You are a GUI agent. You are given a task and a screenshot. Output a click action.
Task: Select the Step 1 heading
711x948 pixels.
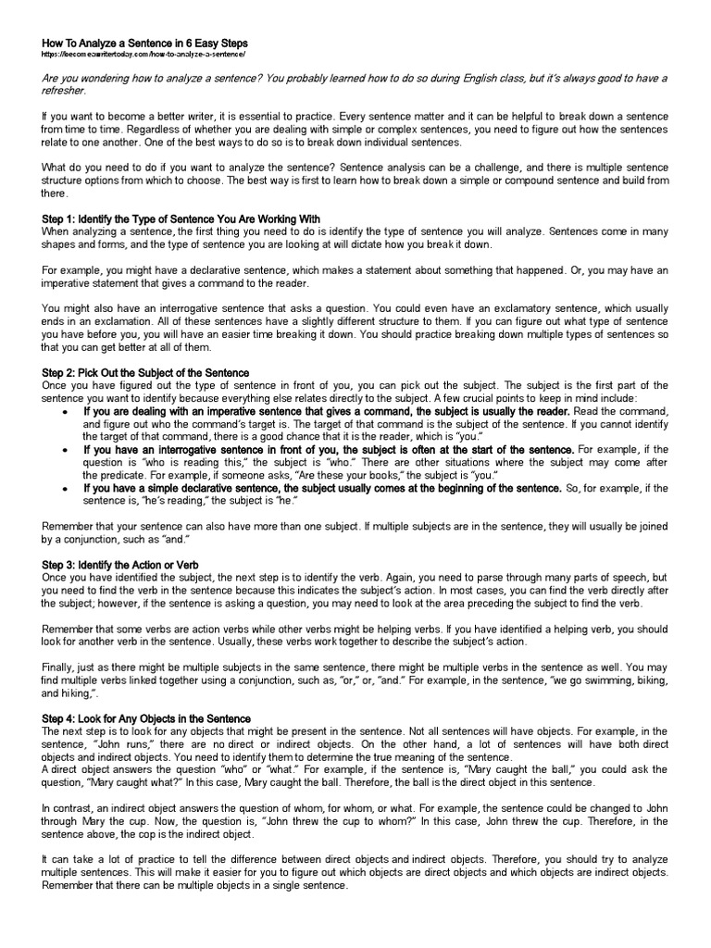click(181, 218)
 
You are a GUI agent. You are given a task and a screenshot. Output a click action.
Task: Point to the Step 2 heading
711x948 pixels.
click(146, 372)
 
